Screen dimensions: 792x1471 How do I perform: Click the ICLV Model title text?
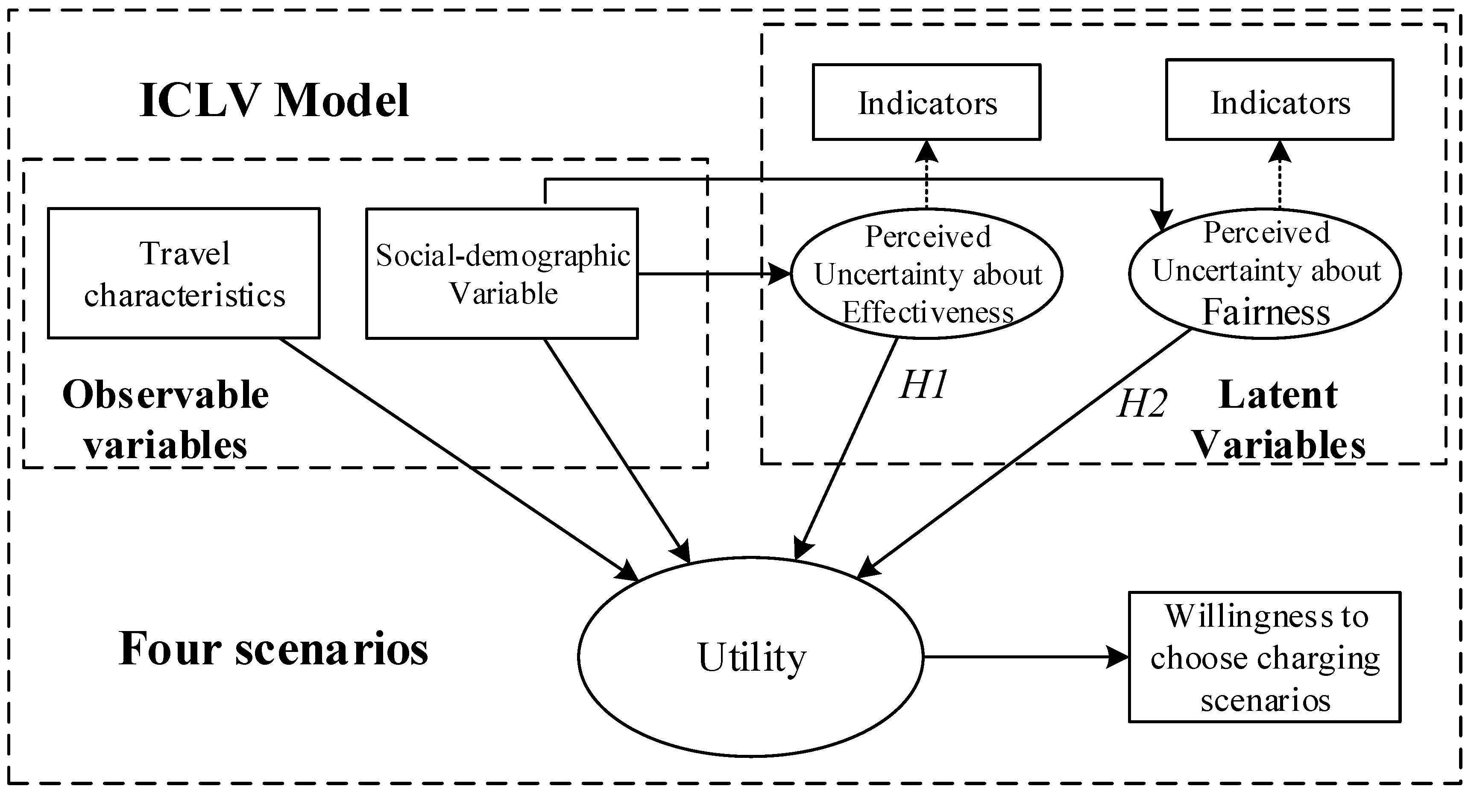point(274,100)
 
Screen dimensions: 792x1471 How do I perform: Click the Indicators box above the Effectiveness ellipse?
point(926,102)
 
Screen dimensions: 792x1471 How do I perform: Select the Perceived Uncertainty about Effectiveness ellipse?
point(926,274)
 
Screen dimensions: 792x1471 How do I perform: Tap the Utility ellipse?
point(750,657)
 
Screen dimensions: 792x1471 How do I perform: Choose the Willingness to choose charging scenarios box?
point(1264,657)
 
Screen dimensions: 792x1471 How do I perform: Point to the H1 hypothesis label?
point(923,384)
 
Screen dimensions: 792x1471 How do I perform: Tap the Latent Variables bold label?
point(1279,420)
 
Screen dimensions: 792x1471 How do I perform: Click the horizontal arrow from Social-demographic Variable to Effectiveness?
point(714,274)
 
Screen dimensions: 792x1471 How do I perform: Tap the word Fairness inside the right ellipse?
point(1266,313)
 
